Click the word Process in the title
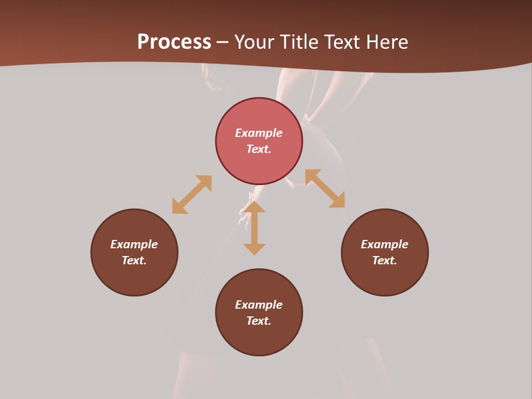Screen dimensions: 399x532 (x=174, y=42)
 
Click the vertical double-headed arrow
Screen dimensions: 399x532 (x=254, y=228)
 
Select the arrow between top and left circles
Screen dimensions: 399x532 (x=192, y=195)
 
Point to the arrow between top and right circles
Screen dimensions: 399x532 (x=325, y=188)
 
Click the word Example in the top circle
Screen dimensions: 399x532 (x=259, y=133)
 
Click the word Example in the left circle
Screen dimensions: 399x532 (x=134, y=244)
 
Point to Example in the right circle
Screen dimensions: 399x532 (x=385, y=244)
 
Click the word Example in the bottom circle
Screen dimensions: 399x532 (x=259, y=305)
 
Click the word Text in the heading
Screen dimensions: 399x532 (x=344, y=42)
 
